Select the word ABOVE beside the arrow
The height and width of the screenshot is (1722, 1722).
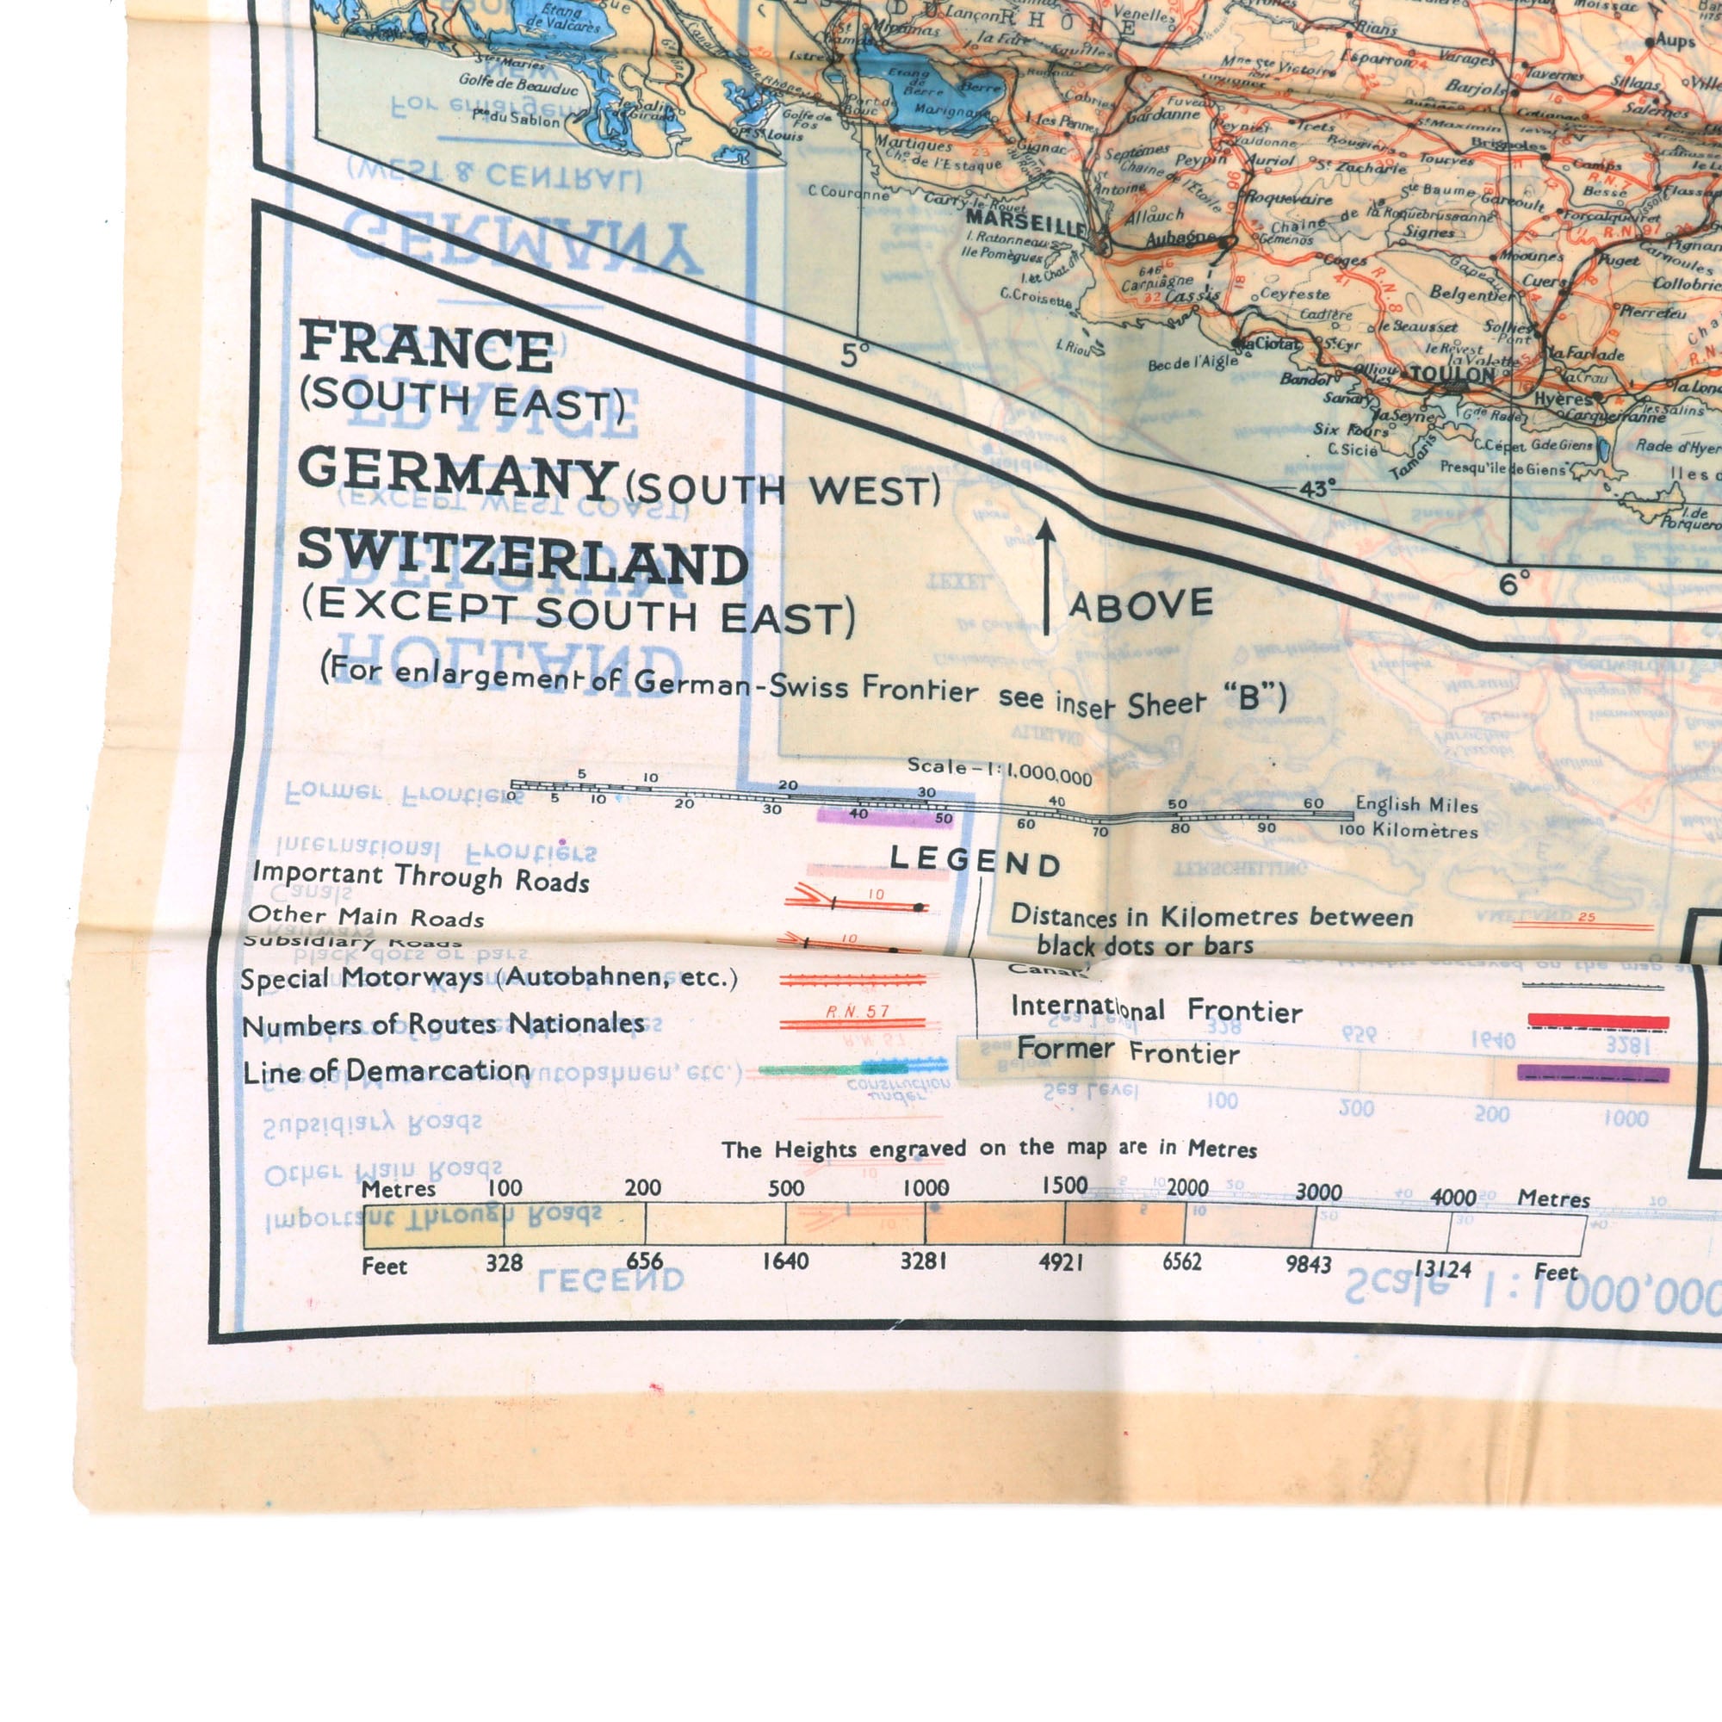click(x=1141, y=604)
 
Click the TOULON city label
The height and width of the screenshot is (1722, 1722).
click(x=1451, y=375)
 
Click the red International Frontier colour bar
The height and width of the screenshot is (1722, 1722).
click(x=1598, y=1021)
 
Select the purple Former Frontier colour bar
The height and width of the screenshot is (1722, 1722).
click(x=1593, y=1073)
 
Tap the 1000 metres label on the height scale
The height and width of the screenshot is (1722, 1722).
click(x=926, y=1188)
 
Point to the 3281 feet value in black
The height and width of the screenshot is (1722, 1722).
click(x=923, y=1261)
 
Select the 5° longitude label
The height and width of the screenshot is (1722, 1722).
click(x=854, y=356)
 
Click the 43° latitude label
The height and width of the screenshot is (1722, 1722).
click(x=1317, y=488)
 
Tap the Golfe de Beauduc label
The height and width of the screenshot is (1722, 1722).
click(x=517, y=85)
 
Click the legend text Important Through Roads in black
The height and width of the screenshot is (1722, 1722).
click(x=421, y=877)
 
